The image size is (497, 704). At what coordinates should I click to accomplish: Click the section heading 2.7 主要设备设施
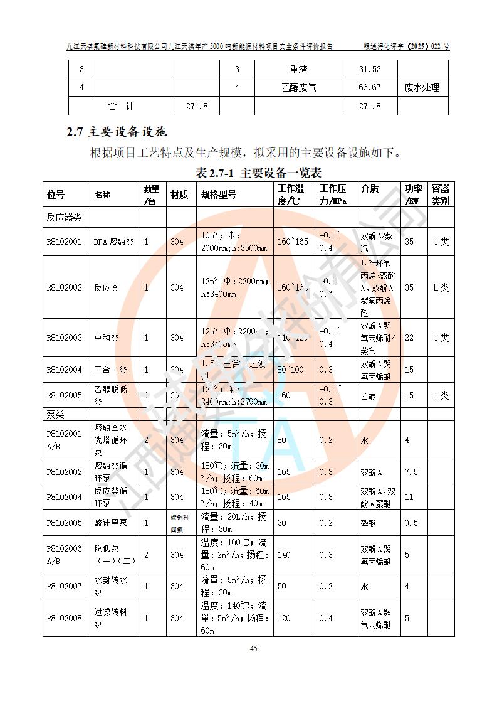point(116,132)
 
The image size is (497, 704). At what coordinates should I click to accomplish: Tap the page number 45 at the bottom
point(254,649)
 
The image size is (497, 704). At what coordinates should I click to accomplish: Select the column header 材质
point(179,195)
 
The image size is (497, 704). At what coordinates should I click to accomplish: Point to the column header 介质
point(370,189)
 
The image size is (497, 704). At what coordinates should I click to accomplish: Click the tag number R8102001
point(64,242)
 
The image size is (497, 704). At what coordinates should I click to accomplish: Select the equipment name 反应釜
point(106,287)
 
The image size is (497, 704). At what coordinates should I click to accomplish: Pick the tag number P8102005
point(64,523)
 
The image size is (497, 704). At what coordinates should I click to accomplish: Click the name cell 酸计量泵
point(110,523)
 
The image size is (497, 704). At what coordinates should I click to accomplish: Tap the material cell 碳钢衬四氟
point(179,523)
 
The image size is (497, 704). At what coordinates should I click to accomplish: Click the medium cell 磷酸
point(368,523)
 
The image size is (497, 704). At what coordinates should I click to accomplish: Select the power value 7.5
point(411,472)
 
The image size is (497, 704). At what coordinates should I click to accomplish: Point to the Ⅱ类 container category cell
point(441,287)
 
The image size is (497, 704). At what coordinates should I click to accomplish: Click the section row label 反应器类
point(65,217)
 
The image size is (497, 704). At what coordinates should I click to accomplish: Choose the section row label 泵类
point(56,415)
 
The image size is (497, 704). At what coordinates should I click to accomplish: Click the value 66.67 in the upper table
point(370,88)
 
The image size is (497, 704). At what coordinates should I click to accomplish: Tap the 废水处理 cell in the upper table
point(422,88)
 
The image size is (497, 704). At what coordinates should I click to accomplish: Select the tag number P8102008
point(64,618)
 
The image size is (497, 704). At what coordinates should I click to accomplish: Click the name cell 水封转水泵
point(110,586)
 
